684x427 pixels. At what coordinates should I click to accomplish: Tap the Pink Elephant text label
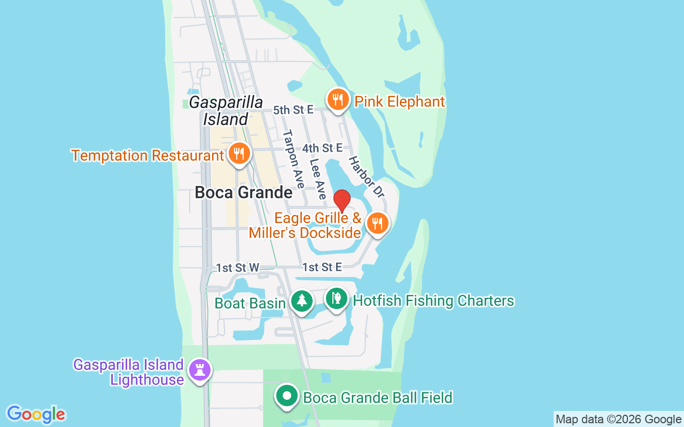(x=400, y=101)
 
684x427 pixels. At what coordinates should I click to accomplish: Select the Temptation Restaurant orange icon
(x=239, y=154)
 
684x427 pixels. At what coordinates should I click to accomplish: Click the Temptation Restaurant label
(x=147, y=156)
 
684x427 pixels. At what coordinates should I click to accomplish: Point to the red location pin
(x=342, y=201)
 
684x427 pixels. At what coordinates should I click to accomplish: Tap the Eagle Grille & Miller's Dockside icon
(x=378, y=224)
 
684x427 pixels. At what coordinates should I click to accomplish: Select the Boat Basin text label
(x=250, y=304)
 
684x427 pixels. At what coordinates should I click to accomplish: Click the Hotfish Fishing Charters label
(x=433, y=301)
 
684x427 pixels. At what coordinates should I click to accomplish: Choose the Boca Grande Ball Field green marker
(x=287, y=396)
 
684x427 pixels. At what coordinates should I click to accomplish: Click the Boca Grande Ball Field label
(x=378, y=398)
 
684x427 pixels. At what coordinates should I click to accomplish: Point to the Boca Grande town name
(x=244, y=192)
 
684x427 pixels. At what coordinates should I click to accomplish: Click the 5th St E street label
(x=293, y=110)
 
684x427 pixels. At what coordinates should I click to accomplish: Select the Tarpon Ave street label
(x=293, y=159)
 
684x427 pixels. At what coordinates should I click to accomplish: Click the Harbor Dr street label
(x=367, y=177)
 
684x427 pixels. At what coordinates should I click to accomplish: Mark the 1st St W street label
(x=237, y=267)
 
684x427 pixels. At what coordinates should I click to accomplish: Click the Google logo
(x=36, y=414)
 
